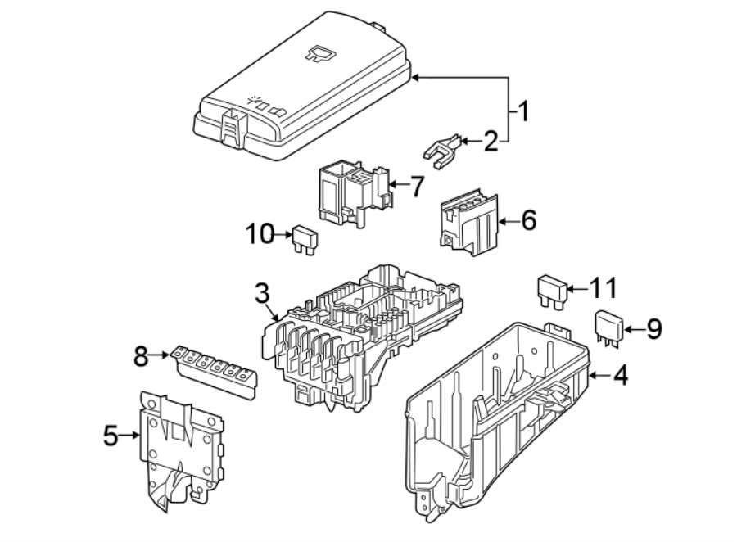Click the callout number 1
point(521,110)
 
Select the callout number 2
point(491,142)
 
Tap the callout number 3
point(260,292)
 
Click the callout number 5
point(111,436)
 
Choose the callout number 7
point(416,187)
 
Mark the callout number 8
point(142,355)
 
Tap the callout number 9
point(653,329)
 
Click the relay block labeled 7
point(348,192)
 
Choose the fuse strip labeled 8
point(214,373)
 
